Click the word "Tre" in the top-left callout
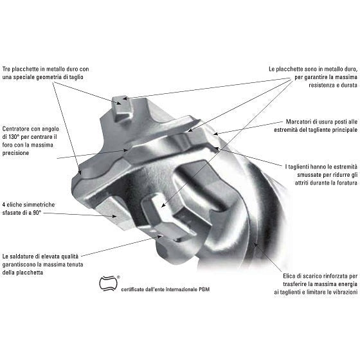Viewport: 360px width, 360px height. coord(6,69)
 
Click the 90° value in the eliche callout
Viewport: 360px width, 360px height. coord(37,213)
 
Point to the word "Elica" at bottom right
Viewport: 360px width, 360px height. coord(289,276)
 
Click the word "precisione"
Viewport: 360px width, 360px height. coord(15,153)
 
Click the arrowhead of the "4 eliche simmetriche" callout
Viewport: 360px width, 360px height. coord(114,216)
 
